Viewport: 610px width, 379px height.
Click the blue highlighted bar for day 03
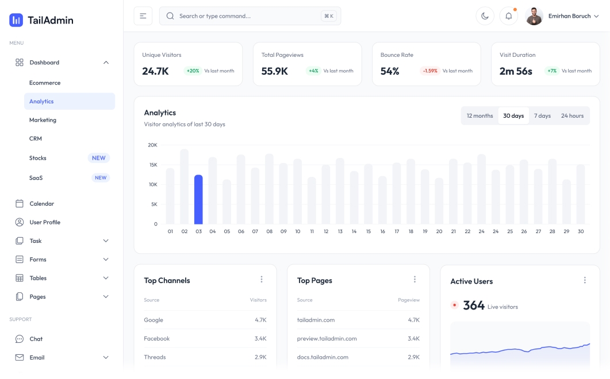tap(198, 199)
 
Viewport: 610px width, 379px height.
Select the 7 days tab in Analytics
tap(542, 116)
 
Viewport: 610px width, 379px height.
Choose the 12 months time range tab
tap(479, 116)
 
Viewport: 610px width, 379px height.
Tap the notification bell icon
tap(508, 16)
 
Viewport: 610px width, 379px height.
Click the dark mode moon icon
tap(485, 16)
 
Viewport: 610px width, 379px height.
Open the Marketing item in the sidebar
tap(43, 120)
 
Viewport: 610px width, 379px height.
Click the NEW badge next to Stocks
tap(99, 158)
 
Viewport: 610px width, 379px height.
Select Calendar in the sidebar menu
tap(41, 204)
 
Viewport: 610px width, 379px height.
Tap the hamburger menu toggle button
tap(143, 16)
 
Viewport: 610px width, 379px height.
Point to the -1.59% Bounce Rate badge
tap(429, 71)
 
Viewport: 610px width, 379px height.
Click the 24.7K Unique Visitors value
tap(155, 71)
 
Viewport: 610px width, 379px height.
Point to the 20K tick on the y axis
tap(152, 145)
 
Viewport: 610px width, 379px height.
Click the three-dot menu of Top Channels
tap(262, 280)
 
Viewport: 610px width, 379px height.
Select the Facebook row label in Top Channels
tap(154, 339)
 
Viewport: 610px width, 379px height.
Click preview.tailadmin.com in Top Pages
tap(327, 339)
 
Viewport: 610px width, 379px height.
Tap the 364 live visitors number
tap(474, 305)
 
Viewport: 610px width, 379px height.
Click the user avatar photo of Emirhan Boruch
tap(534, 16)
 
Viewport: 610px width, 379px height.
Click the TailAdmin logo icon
tap(16, 20)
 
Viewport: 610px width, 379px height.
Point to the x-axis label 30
tap(581, 231)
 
